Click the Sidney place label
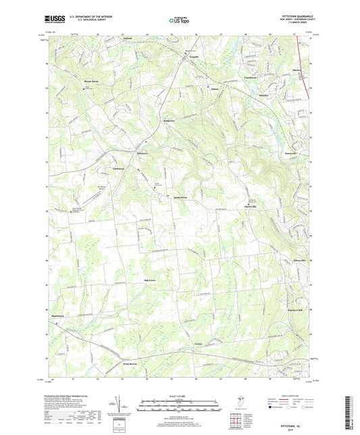tap(215, 88)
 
